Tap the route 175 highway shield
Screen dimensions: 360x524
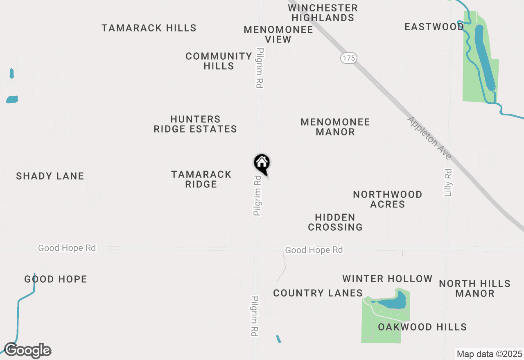pos(348,58)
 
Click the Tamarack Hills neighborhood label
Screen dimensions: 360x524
pos(149,28)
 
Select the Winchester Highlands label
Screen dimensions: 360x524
pos(323,13)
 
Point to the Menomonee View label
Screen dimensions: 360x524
pos(278,34)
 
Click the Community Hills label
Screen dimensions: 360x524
pos(219,61)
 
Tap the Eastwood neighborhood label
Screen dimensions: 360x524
pos(434,27)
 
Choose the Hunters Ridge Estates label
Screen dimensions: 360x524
pos(195,124)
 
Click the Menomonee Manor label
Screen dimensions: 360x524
pos(335,127)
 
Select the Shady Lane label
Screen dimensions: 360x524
pos(50,176)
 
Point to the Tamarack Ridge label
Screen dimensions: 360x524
pos(201,179)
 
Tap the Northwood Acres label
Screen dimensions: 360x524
pos(388,199)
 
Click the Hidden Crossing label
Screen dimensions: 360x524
pos(335,222)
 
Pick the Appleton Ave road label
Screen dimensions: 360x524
pos(429,138)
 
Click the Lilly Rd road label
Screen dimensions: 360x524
pos(448,182)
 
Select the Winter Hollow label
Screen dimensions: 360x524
pos(387,279)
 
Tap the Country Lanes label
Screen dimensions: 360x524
pos(318,293)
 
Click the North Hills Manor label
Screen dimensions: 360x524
pos(475,288)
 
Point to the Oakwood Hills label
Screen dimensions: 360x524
pos(422,327)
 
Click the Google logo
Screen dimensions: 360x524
pos(28,351)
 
